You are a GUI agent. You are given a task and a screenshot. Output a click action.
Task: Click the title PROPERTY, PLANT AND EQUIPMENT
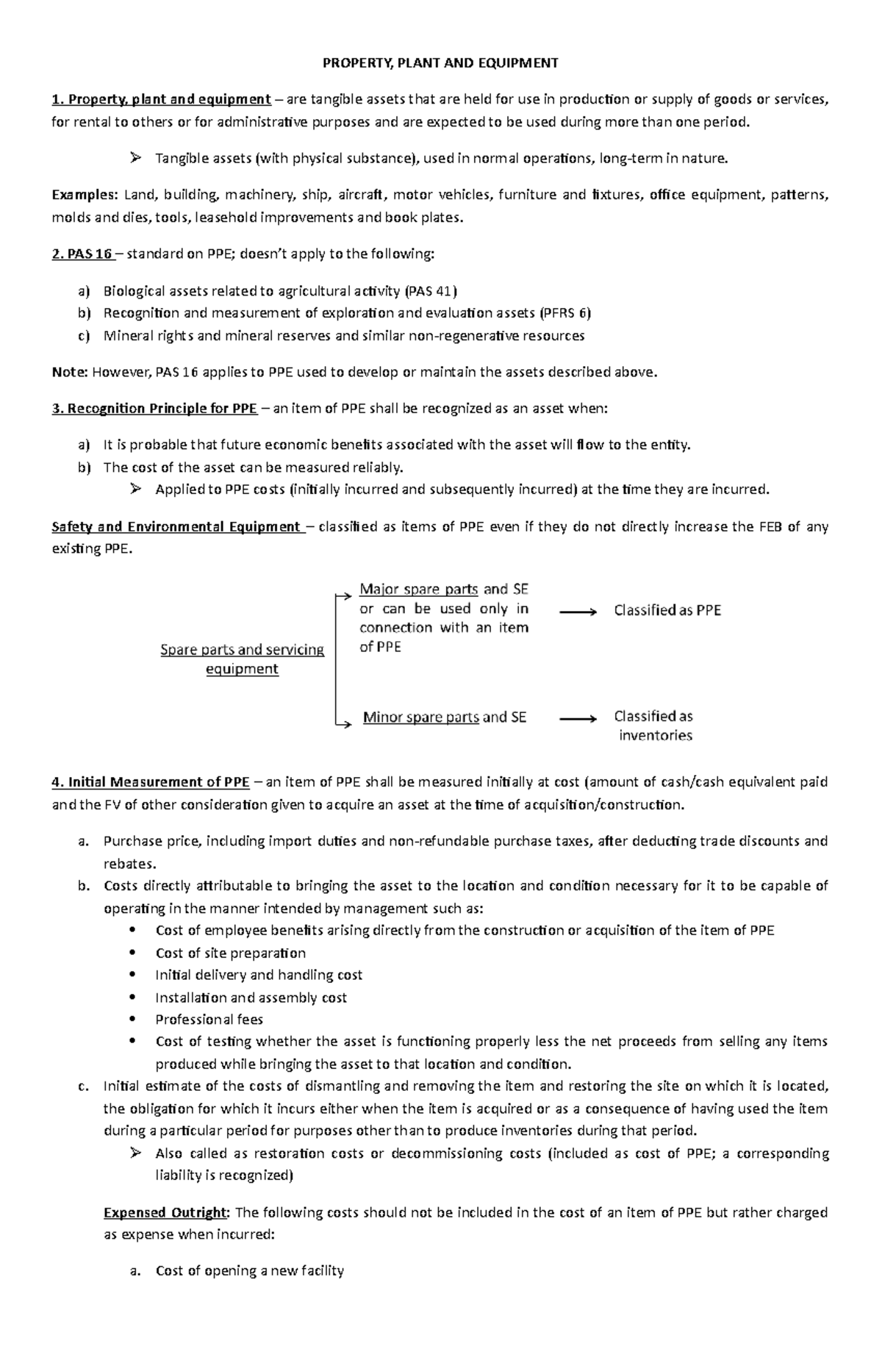pos(440,63)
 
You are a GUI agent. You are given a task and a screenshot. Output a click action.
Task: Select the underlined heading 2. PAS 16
pos(82,254)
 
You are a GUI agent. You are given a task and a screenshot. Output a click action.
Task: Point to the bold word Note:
pos(70,372)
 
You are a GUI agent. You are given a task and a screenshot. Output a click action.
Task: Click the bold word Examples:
pos(84,195)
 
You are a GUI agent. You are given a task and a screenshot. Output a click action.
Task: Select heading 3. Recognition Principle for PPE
pos(154,409)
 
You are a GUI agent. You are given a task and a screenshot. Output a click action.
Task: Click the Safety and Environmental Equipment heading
pos(176,527)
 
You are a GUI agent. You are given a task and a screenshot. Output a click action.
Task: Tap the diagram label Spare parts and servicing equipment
pos(242,659)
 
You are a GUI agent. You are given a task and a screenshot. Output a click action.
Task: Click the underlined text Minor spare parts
pos(420,718)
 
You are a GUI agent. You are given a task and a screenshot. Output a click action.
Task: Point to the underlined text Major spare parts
pos(418,590)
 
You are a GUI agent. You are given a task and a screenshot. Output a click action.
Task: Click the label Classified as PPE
pos(667,610)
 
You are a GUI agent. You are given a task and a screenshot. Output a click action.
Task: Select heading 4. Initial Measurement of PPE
pos(151,782)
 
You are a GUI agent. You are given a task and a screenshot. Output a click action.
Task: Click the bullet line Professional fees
pos(209,1020)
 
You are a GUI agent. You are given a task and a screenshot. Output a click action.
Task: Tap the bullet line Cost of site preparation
pos(230,953)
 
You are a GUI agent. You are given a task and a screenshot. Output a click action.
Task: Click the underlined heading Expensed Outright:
pos(167,1212)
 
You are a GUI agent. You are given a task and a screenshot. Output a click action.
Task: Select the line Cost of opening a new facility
pos(249,1271)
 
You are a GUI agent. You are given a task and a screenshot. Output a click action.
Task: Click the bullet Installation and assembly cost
pos(251,998)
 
